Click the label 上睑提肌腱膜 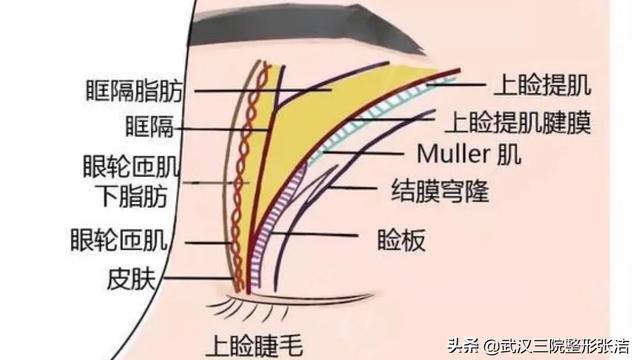pos(516,122)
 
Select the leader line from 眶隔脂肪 pos(260,90)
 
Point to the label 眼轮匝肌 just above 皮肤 pos(120,240)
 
